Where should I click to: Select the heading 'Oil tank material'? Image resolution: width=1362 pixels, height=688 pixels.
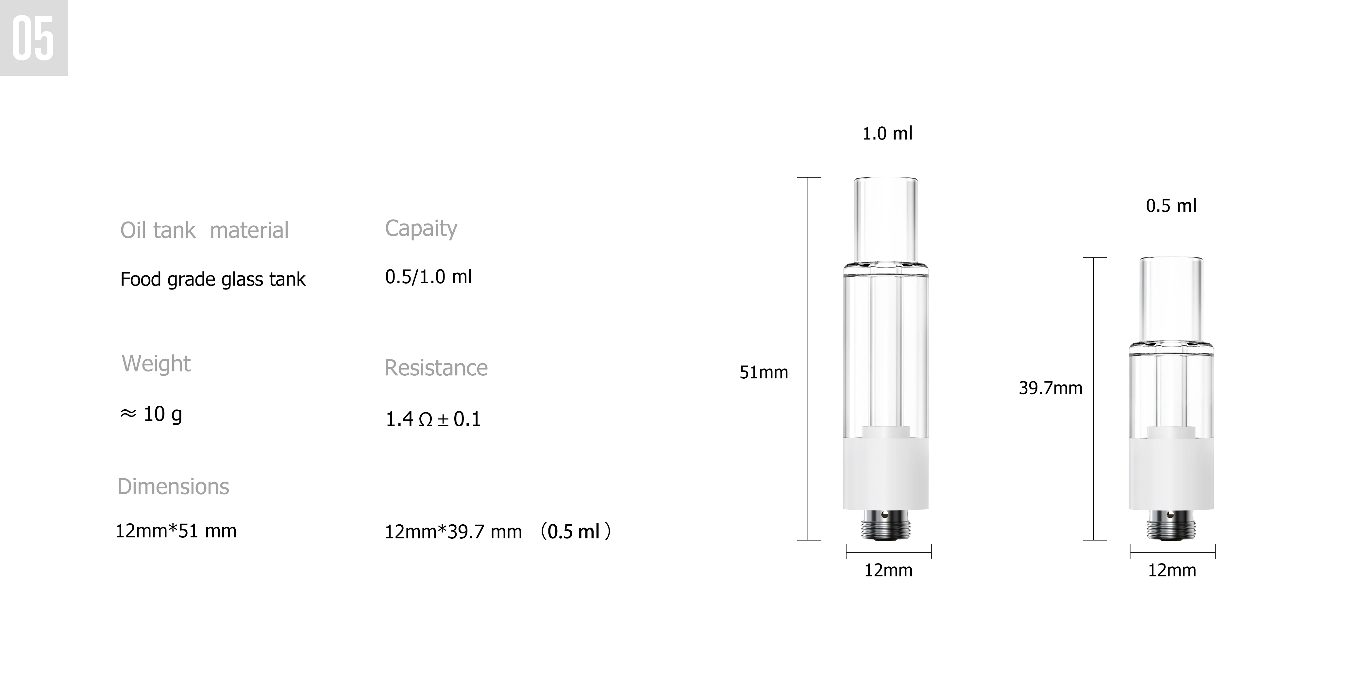[204, 230]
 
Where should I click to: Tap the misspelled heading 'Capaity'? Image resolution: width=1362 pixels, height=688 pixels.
[421, 228]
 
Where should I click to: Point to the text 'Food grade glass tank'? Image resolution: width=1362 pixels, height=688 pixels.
[212, 279]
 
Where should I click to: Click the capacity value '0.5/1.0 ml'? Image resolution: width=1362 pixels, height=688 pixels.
[428, 276]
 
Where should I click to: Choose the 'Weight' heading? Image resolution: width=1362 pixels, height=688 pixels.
[156, 364]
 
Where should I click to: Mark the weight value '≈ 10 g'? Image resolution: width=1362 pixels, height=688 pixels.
[151, 414]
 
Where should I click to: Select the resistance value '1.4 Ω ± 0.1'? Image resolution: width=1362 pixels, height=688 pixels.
[433, 419]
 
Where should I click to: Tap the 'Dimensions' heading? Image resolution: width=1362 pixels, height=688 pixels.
[173, 486]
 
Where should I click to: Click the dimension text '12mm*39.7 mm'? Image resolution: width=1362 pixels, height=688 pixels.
[453, 532]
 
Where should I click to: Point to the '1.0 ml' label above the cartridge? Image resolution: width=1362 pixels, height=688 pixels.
[887, 133]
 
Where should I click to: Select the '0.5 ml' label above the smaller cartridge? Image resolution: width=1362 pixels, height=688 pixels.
[1170, 205]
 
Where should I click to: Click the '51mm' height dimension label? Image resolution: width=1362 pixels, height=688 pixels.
[764, 372]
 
